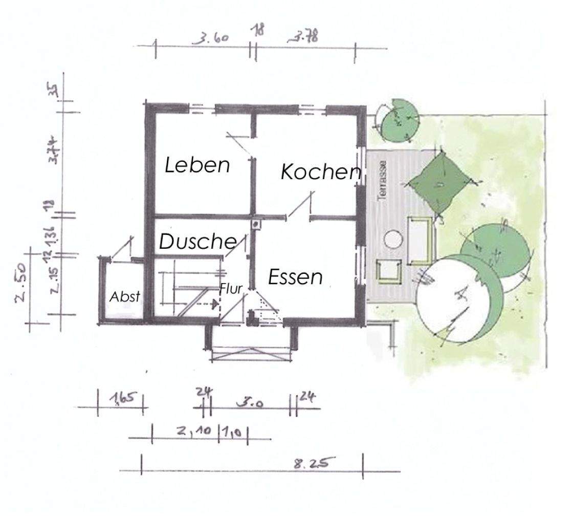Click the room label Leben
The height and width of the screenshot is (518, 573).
(x=197, y=165)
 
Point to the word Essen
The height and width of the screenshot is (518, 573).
(x=295, y=277)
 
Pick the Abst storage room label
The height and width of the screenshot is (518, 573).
(x=125, y=296)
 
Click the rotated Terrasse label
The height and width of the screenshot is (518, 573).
(x=381, y=180)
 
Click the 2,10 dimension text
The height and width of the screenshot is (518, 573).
(x=194, y=431)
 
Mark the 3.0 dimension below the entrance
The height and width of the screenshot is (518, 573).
(x=251, y=403)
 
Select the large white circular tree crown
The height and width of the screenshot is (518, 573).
(x=450, y=297)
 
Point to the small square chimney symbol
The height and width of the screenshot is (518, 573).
(x=255, y=223)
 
